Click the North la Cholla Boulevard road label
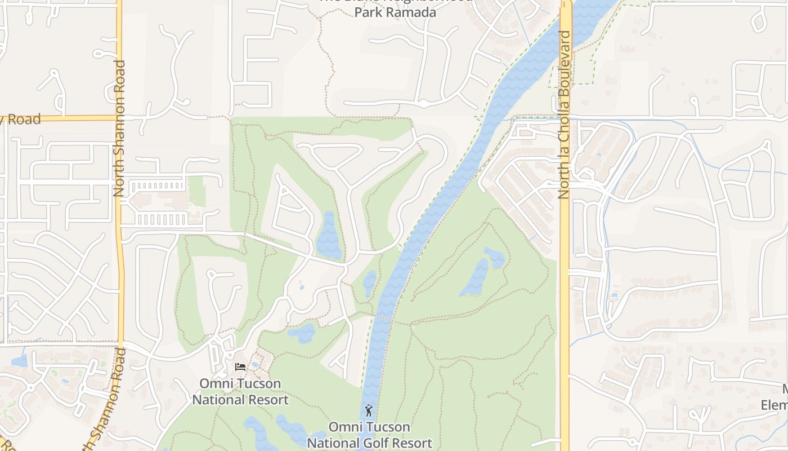[564, 114]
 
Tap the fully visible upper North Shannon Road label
[119, 129]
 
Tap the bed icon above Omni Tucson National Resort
[240, 367]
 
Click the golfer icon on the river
[369, 410]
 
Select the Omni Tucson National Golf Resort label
[369, 435]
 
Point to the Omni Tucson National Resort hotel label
[240, 392]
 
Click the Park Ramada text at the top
[395, 12]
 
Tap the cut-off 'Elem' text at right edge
[774, 405]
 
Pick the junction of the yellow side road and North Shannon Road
[119, 118]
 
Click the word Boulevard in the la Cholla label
[565, 67]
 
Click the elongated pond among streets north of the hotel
[328, 236]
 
